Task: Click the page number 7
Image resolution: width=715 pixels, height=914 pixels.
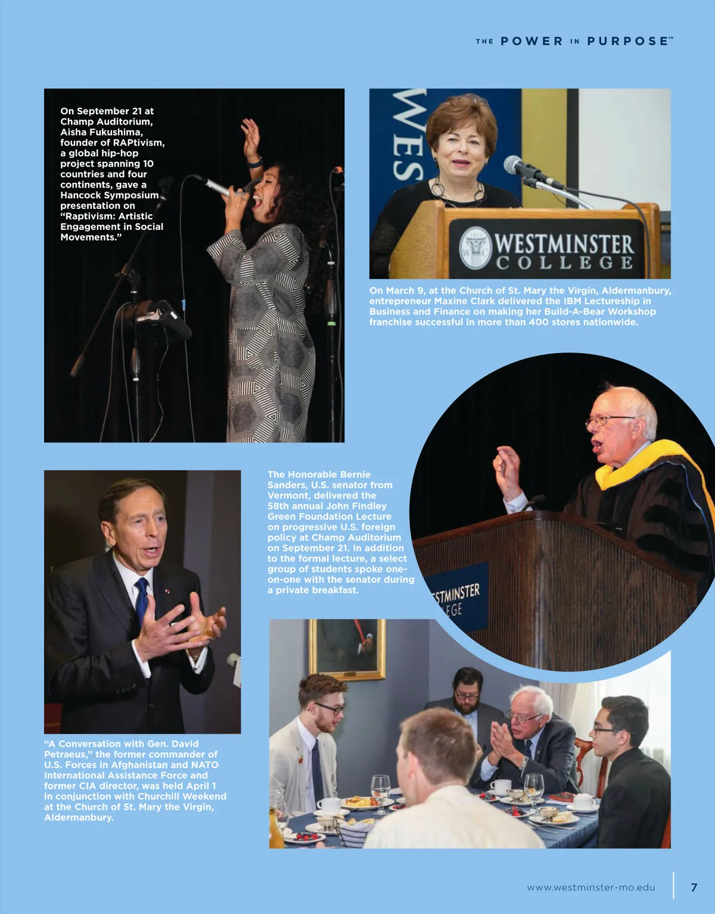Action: (x=694, y=887)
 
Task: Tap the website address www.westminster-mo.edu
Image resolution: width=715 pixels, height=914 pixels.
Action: (x=590, y=887)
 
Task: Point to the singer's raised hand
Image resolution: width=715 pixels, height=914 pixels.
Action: (x=251, y=135)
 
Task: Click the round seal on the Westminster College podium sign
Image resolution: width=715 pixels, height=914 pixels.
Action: (x=475, y=247)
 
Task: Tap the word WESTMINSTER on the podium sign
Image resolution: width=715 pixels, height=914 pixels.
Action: (x=563, y=243)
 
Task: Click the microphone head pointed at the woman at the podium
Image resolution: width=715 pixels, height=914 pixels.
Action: (x=514, y=164)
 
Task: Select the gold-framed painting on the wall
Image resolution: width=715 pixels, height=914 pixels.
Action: (x=347, y=648)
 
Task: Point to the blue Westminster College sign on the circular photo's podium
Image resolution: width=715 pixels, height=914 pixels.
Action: (x=456, y=598)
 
